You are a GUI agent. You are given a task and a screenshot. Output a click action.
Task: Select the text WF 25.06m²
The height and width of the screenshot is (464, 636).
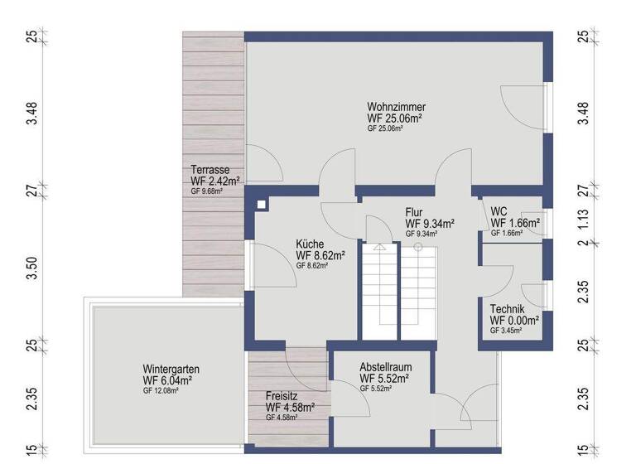click(396, 118)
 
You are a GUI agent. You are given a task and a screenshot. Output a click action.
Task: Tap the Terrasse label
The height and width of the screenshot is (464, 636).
click(210, 170)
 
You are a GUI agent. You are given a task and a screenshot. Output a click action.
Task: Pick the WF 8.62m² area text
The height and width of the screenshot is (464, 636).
click(320, 256)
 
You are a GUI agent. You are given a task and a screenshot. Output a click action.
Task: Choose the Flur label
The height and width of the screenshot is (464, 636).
click(414, 212)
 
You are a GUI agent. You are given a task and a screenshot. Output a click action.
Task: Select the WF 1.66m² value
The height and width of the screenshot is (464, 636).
click(515, 223)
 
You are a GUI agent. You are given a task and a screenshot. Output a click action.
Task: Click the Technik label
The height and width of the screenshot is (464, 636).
click(507, 309)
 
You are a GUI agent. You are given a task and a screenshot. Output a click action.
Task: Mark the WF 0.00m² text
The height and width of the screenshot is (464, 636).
click(514, 320)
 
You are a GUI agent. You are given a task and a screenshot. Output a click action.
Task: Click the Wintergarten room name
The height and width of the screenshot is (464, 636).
click(171, 370)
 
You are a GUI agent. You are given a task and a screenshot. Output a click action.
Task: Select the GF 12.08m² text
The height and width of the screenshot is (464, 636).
click(161, 389)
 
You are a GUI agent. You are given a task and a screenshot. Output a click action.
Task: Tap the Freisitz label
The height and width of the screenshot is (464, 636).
click(283, 396)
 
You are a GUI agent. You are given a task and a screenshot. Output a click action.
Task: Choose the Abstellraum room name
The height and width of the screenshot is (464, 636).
click(386, 367)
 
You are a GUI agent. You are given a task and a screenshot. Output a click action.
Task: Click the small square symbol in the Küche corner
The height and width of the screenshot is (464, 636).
click(262, 204)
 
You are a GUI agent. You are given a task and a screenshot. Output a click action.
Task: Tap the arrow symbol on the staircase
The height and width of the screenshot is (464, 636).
click(378, 246)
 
